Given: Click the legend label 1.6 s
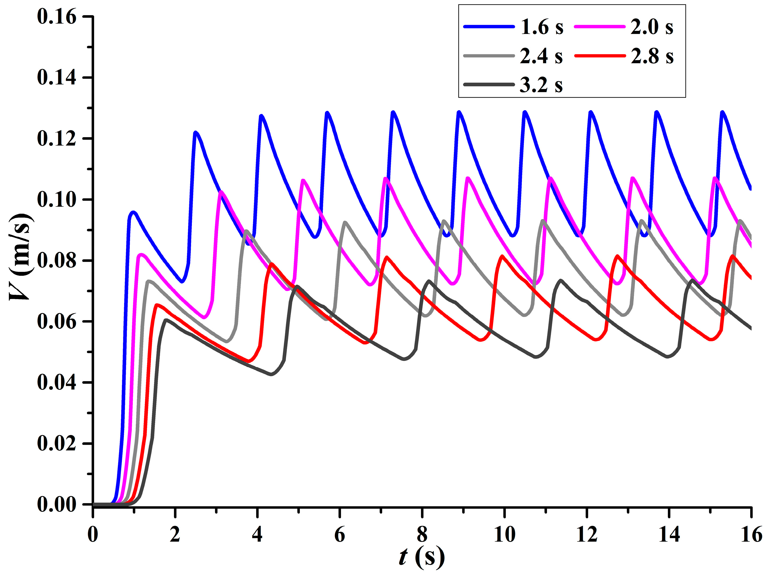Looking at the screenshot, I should click(x=542, y=27).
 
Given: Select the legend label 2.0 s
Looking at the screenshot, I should click(x=652, y=27).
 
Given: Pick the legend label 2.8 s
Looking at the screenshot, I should click(x=652, y=56).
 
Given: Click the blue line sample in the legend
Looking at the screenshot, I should click(x=489, y=27).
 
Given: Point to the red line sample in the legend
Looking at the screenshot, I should click(x=600, y=56).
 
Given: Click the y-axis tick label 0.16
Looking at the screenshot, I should click(x=56, y=17).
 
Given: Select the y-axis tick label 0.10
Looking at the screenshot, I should click(x=56, y=199).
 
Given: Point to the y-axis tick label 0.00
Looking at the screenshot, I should click(x=56, y=504).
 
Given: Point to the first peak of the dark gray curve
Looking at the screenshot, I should click(x=166, y=320).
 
